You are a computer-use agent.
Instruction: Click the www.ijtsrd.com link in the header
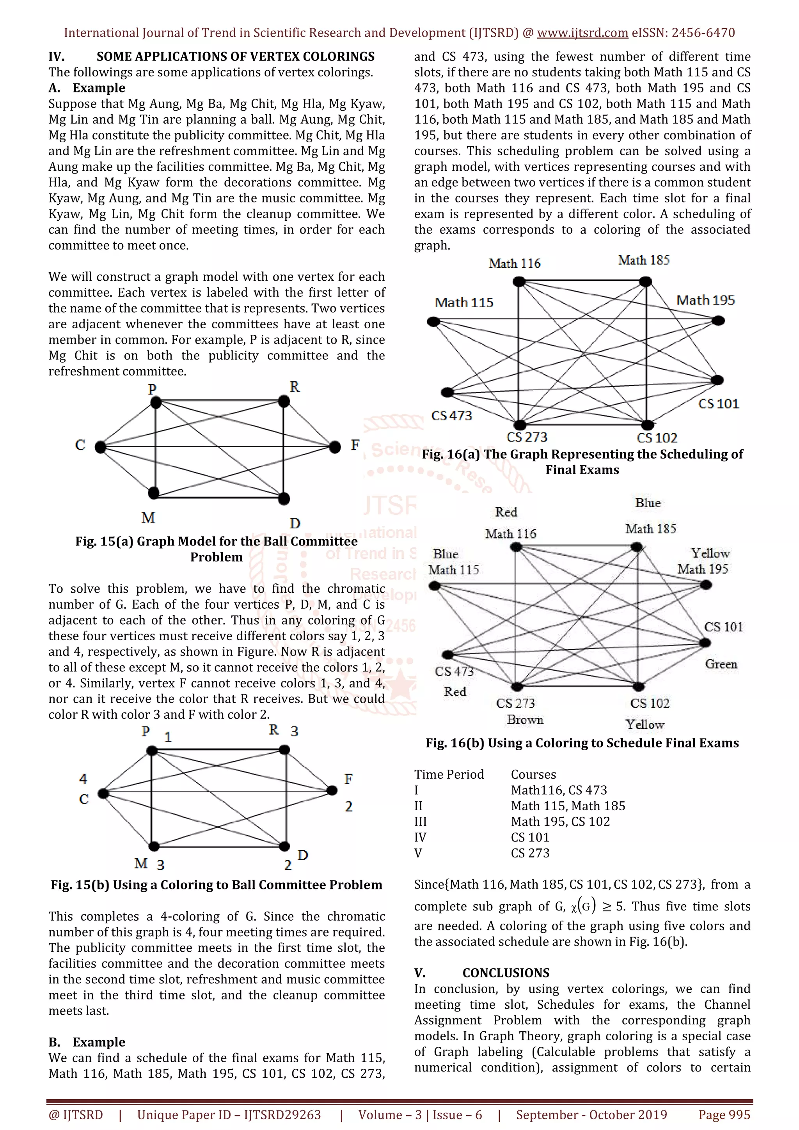pos(582,33)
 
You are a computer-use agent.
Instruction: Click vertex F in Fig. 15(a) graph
pos(335,447)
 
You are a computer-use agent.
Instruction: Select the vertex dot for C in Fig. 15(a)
pos(100,447)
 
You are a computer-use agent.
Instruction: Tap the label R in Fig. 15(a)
pos(295,387)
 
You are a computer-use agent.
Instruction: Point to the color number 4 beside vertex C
pos(83,779)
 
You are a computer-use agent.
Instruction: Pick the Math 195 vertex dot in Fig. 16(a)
pos(719,321)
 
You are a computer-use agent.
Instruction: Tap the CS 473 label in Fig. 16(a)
pos(451,416)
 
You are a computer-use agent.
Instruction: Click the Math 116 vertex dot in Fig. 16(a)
pos(518,282)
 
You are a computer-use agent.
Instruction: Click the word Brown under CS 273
pos(525,719)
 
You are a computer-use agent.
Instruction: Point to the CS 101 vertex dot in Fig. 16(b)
pos(705,643)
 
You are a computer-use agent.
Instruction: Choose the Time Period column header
pos(449,774)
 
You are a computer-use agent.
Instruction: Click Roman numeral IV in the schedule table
pos(420,837)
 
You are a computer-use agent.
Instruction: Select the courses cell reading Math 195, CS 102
pos(560,822)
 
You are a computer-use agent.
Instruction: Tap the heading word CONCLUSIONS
pos(506,973)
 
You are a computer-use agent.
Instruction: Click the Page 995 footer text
pos(724,1115)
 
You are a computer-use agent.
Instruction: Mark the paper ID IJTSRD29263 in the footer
pos(282,1115)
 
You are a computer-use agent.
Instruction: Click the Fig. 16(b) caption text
pos(582,743)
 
